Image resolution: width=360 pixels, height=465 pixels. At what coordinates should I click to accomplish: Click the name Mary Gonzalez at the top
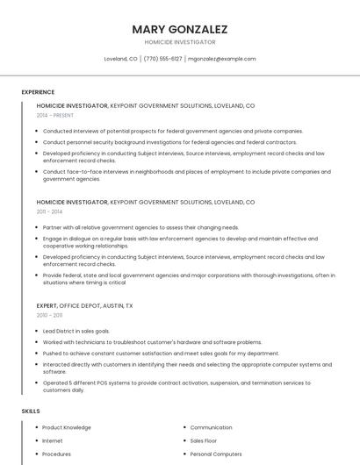[x=179, y=29]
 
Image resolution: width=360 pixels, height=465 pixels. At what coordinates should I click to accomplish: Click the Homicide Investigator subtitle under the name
[x=179, y=42]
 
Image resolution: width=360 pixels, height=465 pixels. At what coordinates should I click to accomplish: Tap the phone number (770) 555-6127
[x=162, y=59]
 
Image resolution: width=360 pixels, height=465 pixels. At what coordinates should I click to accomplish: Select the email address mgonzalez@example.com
[x=222, y=59]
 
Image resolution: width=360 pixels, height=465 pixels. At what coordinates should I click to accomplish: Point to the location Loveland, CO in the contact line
[x=120, y=59]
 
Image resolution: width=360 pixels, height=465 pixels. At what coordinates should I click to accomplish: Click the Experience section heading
[x=38, y=92]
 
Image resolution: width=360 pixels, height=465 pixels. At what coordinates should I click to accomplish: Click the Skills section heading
[x=31, y=411]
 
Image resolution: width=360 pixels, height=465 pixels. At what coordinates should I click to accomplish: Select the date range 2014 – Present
[x=55, y=115]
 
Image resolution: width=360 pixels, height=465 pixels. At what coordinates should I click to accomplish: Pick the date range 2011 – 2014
[x=49, y=211]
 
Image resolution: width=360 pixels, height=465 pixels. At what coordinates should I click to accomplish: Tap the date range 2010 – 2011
[x=49, y=315]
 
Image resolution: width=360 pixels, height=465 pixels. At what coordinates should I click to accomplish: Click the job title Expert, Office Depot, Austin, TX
[x=85, y=305]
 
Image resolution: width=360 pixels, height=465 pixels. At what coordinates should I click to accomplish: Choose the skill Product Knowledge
[x=67, y=427]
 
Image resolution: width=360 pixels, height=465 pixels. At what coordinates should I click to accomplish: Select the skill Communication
[x=211, y=427]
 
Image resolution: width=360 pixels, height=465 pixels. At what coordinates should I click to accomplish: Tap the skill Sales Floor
[x=204, y=440]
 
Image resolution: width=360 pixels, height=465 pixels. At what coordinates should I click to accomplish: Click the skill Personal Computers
[x=216, y=454]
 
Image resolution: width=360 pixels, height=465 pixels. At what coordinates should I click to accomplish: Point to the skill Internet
[x=53, y=440]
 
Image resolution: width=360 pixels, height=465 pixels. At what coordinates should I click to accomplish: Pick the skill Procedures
[x=57, y=454]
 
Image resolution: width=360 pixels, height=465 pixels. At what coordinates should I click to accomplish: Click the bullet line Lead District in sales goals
[x=76, y=331]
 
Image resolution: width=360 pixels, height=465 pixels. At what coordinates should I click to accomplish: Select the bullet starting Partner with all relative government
[x=140, y=227]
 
